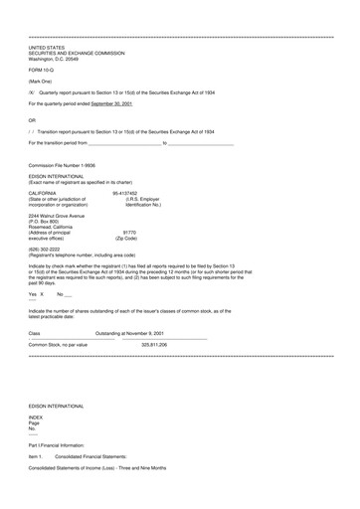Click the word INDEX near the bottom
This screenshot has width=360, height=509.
click(36, 445)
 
